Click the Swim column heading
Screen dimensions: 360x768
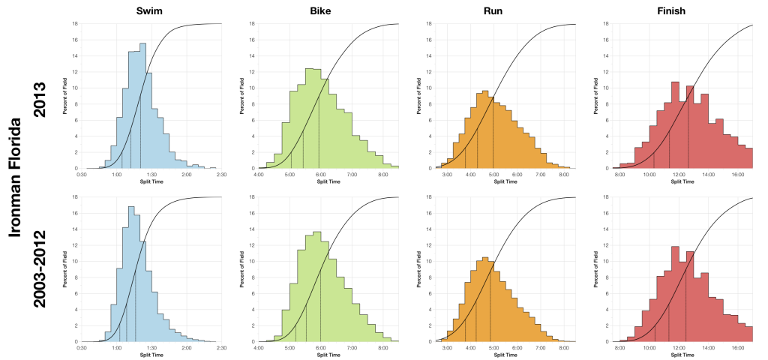pyautogui.click(x=151, y=10)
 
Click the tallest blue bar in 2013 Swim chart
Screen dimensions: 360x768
pyautogui.click(x=142, y=105)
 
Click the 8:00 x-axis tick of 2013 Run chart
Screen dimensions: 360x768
pyautogui.click(x=564, y=175)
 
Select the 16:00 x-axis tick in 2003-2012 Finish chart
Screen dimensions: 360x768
pyautogui.click(x=737, y=348)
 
